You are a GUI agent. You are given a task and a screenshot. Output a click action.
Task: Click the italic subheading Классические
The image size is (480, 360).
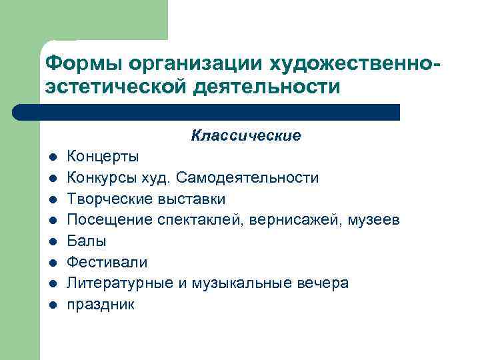[245, 136]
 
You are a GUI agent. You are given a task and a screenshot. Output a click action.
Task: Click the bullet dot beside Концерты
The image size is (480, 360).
[51, 158]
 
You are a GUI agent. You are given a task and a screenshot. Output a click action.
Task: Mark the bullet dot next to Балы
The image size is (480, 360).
[51, 242]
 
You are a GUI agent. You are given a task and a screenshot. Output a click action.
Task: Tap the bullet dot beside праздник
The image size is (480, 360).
[51, 305]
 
